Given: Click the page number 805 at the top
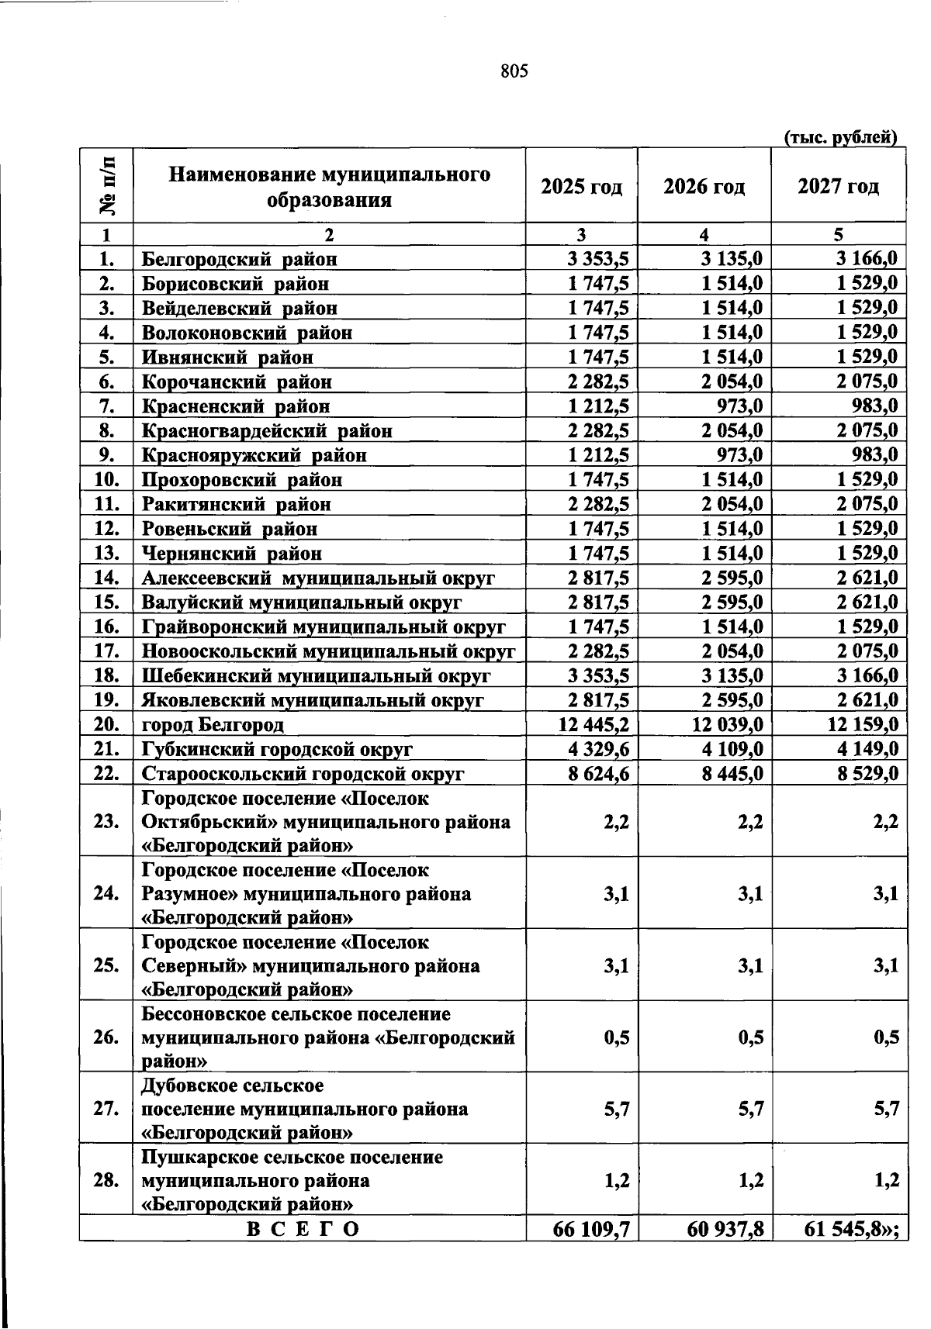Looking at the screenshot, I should pyautogui.click(x=514, y=71).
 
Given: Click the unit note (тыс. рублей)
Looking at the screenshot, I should pyautogui.click(x=842, y=138).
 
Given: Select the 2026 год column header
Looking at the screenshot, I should pyautogui.click(x=704, y=187).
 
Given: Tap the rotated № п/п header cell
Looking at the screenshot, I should pyautogui.click(x=106, y=185).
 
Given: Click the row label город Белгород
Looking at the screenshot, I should pyautogui.click(x=213, y=725).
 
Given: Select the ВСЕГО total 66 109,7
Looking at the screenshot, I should pyautogui.click(x=592, y=1229).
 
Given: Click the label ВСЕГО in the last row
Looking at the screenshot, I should pyautogui.click(x=303, y=1230).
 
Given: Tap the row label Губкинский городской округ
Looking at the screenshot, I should pyautogui.click(x=277, y=749).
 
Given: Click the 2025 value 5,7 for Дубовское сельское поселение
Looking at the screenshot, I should pyautogui.click(x=617, y=1109).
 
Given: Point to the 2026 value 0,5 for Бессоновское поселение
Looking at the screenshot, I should pyautogui.click(x=751, y=1037).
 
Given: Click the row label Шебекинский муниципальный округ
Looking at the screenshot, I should pyautogui.click(x=316, y=675).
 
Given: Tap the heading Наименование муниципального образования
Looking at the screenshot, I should pyautogui.click(x=329, y=187).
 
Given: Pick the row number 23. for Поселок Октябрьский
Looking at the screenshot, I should pyautogui.click(x=106, y=821).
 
